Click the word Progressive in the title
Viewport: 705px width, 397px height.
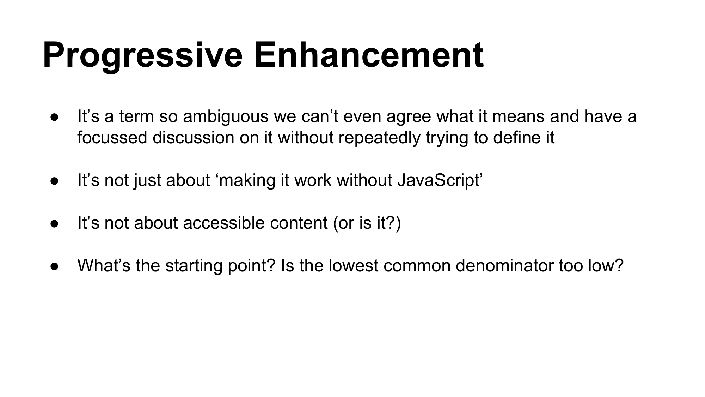click(143, 56)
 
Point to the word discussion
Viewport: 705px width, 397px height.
click(194, 137)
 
